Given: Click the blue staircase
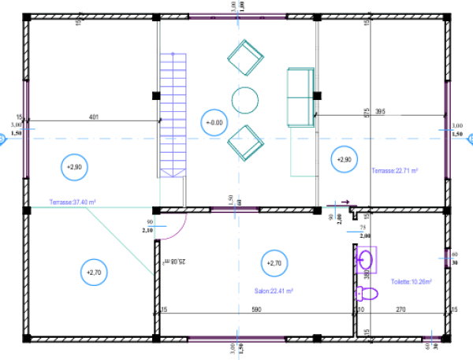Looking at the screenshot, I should [173, 114].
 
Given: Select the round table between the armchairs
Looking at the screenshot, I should [245, 100].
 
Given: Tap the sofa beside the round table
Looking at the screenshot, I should [300, 96].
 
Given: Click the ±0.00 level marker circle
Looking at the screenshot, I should [214, 123].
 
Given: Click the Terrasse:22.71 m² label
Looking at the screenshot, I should [395, 169].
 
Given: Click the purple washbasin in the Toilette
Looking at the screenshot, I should [365, 258].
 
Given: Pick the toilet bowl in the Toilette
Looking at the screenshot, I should [367, 294].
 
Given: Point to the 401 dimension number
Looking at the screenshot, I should [93, 118].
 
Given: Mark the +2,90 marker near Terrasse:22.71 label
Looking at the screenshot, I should [344, 159].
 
